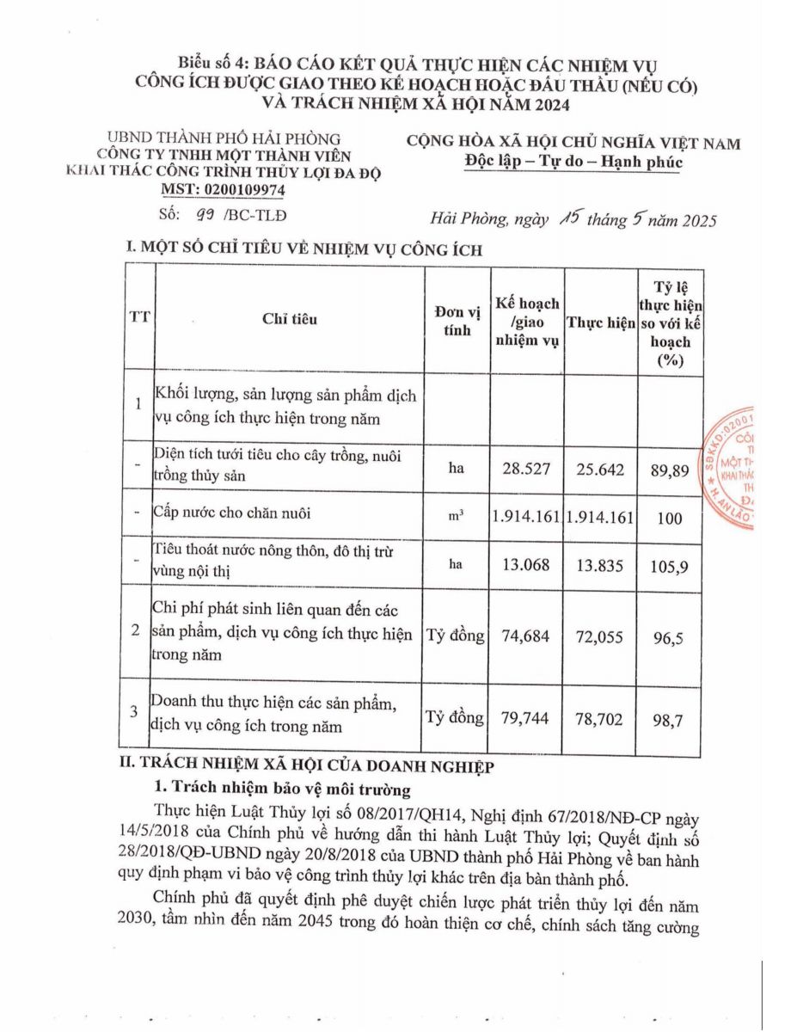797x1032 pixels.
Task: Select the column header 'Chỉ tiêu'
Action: [x=290, y=319]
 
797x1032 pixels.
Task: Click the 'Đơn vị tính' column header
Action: [x=457, y=319]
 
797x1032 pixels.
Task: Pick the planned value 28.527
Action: [x=527, y=469]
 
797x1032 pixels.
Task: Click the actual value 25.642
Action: [x=601, y=469]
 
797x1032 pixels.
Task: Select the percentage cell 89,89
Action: [x=669, y=470]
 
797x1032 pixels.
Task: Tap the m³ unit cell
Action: [x=457, y=516]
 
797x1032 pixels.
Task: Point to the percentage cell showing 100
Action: [x=669, y=518]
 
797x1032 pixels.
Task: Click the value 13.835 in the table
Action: [x=601, y=564]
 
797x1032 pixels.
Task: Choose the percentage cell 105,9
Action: [x=669, y=565]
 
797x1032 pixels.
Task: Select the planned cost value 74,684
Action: [x=527, y=636]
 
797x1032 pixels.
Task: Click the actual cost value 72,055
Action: [x=601, y=636]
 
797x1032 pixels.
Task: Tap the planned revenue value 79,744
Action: [x=527, y=717]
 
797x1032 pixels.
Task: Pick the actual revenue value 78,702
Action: [x=601, y=717]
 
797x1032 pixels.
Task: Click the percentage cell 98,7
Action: [x=669, y=718]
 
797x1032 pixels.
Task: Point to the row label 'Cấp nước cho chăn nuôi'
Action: [x=232, y=513]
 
